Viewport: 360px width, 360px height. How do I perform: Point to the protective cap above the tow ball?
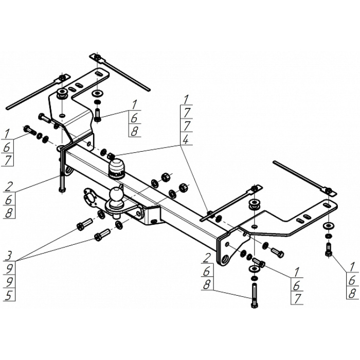117,166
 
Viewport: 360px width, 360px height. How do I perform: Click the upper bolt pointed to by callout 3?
83,225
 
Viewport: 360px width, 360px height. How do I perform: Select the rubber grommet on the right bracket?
254,205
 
